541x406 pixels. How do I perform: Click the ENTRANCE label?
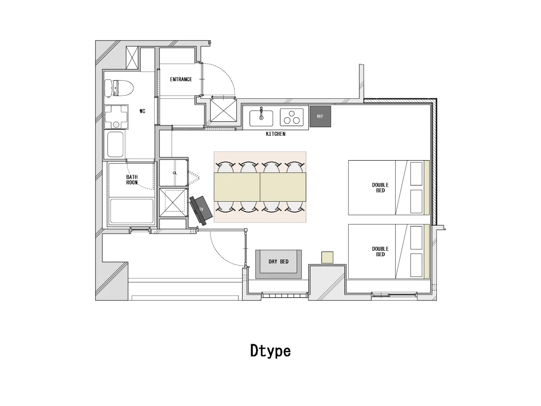[x=181, y=79]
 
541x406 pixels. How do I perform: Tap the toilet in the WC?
[x=119, y=88]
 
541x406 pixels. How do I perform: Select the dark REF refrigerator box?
[x=320, y=116]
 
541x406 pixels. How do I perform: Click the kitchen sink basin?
[x=261, y=118]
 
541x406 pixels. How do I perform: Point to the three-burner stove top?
[x=292, y=117]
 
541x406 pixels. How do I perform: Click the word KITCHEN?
[x=275, y=134]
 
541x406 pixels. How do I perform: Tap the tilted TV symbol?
[x=201, y=210]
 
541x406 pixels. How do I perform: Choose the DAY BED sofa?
[x=279, y=264]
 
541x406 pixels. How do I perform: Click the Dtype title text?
[x=270, y=351]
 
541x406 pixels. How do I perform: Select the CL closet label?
[x=175, y=173]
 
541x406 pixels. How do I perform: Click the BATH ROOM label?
[x=132, y=180]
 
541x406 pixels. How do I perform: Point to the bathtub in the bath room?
[x=132, y=211]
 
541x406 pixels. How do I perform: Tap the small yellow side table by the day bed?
[x=327, y=257]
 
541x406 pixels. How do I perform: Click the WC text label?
[x=142, y=111]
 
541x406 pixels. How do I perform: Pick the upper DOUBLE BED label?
[x=381, y=188]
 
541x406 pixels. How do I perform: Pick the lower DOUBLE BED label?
[x=381, y=252]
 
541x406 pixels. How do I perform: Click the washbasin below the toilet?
[x=116, y=117]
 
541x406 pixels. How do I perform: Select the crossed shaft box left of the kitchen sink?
[x=223, y=110]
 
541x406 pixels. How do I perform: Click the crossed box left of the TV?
[x=173, y=203]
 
